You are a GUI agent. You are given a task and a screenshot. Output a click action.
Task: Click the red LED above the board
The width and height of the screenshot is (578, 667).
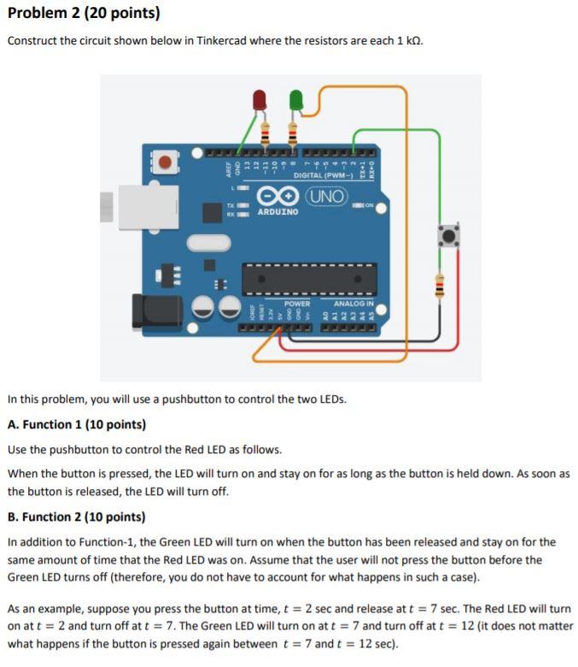pos(260,101)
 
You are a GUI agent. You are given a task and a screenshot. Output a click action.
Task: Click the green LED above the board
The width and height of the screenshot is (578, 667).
pos(296,100)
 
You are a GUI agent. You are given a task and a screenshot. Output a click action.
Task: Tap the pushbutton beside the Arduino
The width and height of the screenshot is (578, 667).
pos(447,233)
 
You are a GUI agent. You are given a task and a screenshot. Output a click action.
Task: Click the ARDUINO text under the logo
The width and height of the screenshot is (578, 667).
pos(277,211)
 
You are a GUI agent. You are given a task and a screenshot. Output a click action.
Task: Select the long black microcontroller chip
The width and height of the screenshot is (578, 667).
pos(309,278)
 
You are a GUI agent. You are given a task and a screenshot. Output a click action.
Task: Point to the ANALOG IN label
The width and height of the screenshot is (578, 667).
pos(353,303)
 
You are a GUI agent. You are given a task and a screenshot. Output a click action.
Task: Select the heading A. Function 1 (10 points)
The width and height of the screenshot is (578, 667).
pos(76,424)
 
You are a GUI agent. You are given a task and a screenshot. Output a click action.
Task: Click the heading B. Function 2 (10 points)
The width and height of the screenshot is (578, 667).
pos(76,516)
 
